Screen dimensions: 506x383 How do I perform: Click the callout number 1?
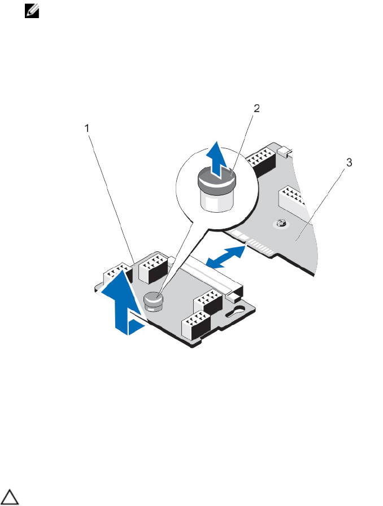(x=87, y=128)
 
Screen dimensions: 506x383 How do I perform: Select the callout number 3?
(x=349, y=163)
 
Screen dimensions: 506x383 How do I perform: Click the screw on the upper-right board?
(x=281, y=225)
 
